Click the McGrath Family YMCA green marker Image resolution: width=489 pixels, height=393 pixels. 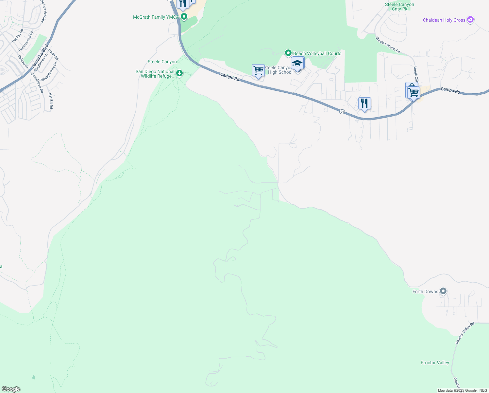[x=184, y=16]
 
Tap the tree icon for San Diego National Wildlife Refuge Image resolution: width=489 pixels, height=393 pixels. [x=179, y=73]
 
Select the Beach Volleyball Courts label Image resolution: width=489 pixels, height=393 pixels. [x=317, y=53]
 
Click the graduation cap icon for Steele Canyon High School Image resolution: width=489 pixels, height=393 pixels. [x=297, y=63]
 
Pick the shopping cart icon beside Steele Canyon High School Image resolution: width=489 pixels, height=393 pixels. [x=258, y=70]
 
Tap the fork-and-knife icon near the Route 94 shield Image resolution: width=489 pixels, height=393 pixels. [x=364, y=103]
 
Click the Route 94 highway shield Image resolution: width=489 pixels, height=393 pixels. [x=342, y=112]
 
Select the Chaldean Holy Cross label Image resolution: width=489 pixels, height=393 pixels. [x=444, y=20]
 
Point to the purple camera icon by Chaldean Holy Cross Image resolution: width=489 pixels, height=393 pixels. [x=470, y=20]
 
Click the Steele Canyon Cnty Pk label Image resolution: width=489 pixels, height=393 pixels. [x=399, y=7]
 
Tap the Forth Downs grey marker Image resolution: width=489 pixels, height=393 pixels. [x=443, y=291]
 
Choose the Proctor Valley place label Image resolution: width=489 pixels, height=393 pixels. [x=435, y=363]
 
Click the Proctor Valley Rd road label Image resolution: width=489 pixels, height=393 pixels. [x=464, y=333]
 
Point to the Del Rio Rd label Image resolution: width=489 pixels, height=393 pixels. [x=18, y=36]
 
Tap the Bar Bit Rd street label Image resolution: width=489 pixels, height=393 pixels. [x=51, y=101]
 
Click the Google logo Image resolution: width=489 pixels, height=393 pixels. [x=11, y=389]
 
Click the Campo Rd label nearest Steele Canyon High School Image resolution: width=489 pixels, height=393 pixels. [x=230, y=77]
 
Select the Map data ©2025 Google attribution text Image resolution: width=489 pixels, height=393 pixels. [x=463, y=390]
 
